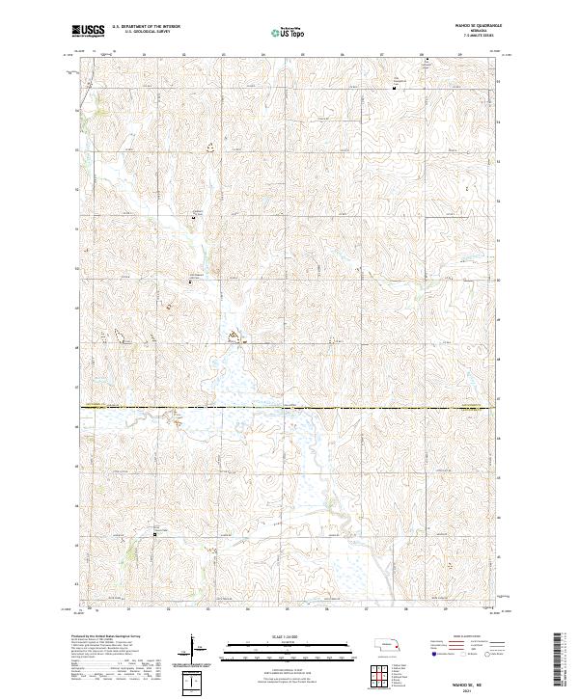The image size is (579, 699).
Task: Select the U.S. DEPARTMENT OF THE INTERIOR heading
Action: [146, 27]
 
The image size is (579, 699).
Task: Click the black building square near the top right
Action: [394, 89]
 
